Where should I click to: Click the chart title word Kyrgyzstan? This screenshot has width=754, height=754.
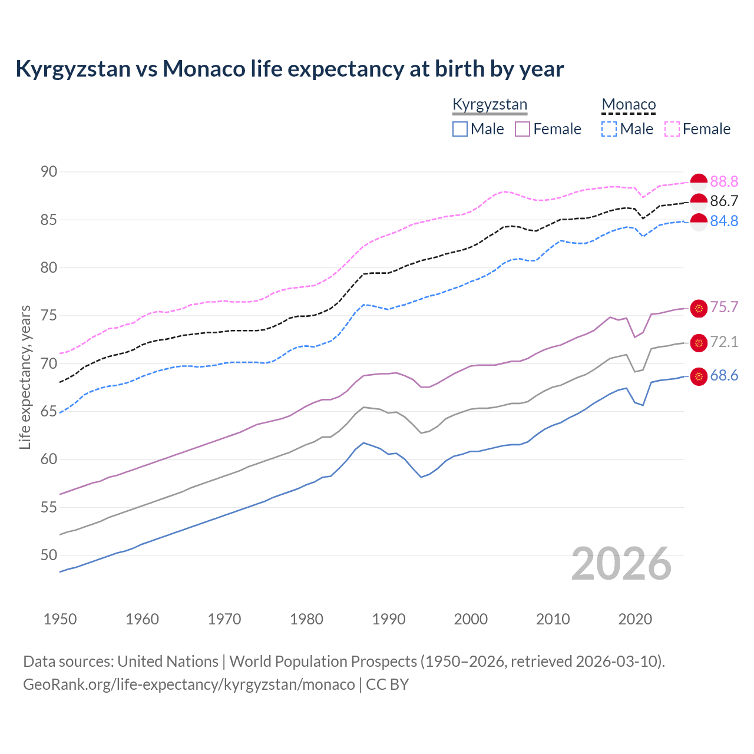point(73,69)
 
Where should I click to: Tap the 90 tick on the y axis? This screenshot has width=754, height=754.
point(49,172)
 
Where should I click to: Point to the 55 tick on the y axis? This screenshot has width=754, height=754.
point(49,507)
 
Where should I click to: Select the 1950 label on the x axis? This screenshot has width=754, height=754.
point(60,619)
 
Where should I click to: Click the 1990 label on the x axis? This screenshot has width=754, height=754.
point(389,619)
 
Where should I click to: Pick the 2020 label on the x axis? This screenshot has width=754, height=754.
point(635,619)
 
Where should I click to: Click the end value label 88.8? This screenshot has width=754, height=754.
point(724,181)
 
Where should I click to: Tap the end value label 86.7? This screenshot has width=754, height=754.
point(724,201)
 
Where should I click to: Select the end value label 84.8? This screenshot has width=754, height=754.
point(724,221)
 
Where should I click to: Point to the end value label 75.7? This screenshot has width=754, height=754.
point(724,307)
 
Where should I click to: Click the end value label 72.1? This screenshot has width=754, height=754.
point(724,342)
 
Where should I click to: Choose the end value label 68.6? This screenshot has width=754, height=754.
point(724,376)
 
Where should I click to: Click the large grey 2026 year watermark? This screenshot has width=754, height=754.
point(621,564)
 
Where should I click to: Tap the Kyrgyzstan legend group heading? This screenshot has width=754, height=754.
point(490,105)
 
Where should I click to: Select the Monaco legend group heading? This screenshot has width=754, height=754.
point(629,105)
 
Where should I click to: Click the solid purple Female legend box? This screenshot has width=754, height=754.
point(522,129)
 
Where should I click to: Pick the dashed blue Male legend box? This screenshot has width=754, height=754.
point(609,129)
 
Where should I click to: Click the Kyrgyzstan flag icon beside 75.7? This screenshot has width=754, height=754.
point(699,308)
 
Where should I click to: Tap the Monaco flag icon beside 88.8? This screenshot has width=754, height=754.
point(699,182)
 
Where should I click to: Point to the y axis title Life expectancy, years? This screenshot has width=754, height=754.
point(25,377)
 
